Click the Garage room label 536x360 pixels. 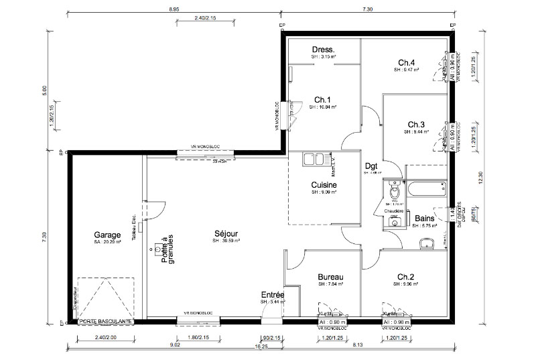click(x=107, y=235)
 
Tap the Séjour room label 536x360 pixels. click(x=226, y=234)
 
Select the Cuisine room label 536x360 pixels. click(x=324, y=185)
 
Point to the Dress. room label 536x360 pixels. click(x=323, y=50)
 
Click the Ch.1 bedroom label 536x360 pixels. click(x=323, y=99)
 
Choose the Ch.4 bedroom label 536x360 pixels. click(x=406, y=63)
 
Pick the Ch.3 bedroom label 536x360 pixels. click(x=415, y=125)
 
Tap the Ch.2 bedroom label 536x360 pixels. click(x=406, y=277)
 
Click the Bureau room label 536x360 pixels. click(x=330, y=278)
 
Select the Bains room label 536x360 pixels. click(x=424, y=219)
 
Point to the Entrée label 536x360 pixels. click(x=273, y=295)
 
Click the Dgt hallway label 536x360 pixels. click(x=371, y=167)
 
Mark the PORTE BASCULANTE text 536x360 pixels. click(x=106, y=322)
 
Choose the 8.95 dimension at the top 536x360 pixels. click(x=173, y=9)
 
